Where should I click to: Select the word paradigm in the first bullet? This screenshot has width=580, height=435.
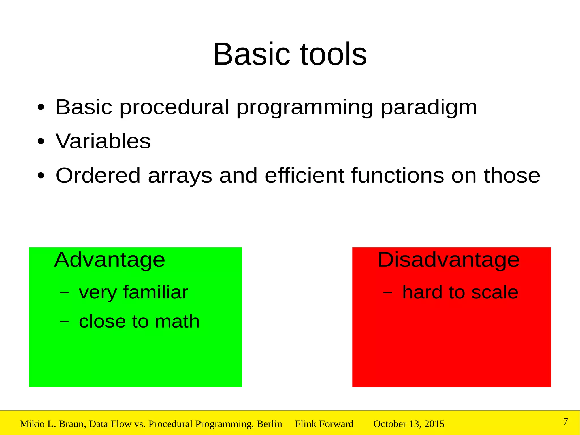429,108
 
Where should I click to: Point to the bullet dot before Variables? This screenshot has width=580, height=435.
41,141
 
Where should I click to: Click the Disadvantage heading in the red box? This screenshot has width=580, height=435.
449,260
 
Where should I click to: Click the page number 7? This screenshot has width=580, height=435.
565,422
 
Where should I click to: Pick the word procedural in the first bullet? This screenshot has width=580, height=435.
174,108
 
